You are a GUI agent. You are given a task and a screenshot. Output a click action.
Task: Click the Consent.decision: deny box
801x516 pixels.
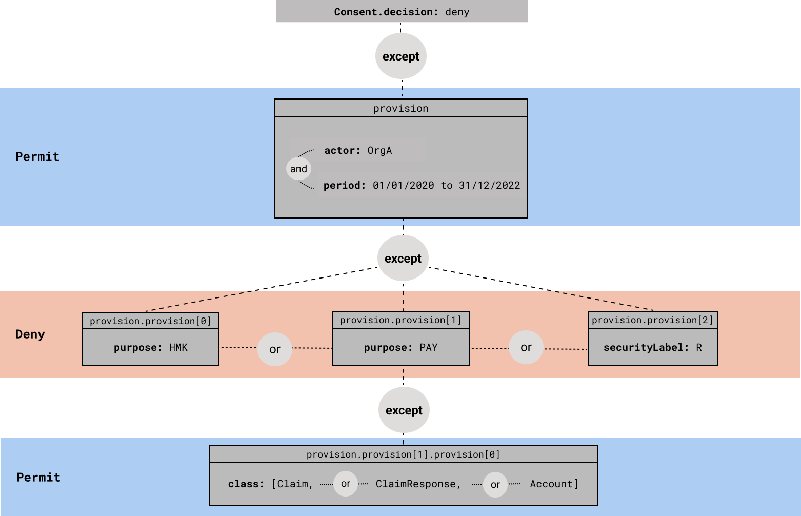[402, 12]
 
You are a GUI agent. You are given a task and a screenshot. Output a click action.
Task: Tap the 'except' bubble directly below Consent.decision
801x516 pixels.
[401, 56]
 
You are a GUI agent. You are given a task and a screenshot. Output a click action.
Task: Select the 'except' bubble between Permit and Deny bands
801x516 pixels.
[403, 259]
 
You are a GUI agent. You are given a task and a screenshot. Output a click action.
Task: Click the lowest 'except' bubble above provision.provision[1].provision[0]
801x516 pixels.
[404, 410]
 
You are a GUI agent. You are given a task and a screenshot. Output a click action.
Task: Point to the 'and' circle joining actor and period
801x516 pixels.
[298, 169]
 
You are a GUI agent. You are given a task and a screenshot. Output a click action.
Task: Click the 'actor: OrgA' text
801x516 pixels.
[358, 150]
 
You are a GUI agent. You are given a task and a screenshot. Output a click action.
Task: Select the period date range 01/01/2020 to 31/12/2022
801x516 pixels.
[446, 185]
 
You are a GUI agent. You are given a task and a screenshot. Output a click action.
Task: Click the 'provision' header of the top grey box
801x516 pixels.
[401, 108]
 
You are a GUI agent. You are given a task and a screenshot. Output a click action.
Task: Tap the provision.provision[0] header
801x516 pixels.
[151, 321]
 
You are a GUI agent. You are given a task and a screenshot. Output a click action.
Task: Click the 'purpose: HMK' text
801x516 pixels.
[151, 347]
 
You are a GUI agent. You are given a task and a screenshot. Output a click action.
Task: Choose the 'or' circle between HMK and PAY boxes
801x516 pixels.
[275, 349]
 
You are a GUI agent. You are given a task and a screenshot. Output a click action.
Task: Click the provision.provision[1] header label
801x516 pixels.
[401, 320]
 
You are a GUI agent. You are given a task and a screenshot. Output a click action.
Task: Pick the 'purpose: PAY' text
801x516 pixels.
[401, 347]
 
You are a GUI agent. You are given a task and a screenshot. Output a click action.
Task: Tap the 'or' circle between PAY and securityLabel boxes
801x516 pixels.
[526, 347]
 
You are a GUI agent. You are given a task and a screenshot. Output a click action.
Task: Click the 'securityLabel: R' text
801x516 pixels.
[652, 347]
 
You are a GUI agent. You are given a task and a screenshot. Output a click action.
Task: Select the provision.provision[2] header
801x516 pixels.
[652, 320]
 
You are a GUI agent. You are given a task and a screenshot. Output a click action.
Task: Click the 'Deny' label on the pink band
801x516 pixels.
[30, 334]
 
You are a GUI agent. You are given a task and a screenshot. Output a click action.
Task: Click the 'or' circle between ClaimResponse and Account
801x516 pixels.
[495, 484]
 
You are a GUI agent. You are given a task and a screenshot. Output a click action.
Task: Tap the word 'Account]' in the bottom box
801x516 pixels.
[554, 484]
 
